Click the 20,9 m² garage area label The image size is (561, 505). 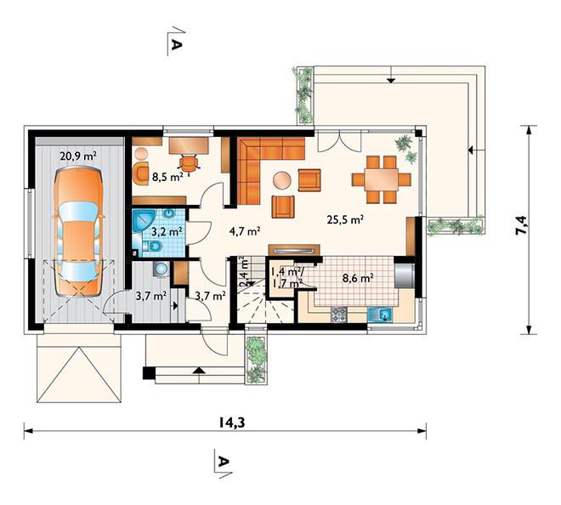(78, 156)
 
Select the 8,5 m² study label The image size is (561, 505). (167, 177)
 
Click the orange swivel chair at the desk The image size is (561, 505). (189, 164)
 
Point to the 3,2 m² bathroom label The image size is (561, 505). (167, 232)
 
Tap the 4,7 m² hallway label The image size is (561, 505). (244, 231)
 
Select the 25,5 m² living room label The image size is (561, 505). (345, 219)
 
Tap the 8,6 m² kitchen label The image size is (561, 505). (359, 278)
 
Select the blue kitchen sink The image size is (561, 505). (380, 315)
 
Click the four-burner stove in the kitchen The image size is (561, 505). (338, 315)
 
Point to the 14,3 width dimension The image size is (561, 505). (232, 423)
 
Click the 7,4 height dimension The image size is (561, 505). (521, 224)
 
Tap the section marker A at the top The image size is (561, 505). (177, 44)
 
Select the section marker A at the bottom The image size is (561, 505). (223, 462)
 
